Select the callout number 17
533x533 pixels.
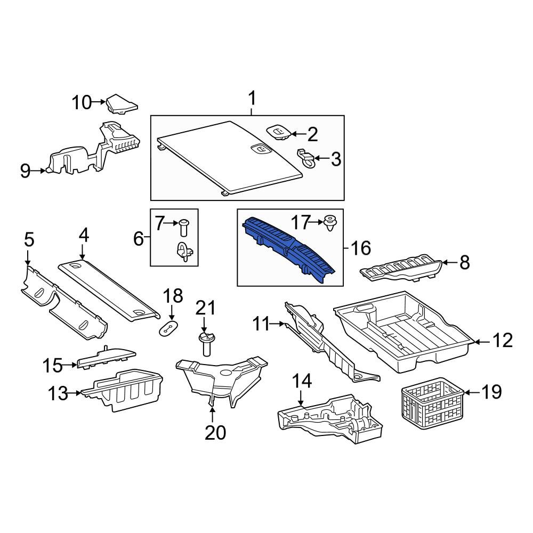(x=301, y=222)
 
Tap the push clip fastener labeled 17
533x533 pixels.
(x=329, y=223)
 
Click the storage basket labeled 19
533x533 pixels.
(x=432, y=399)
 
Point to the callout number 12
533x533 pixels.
(x=502, y=340)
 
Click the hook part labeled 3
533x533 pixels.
(x=306, y=159)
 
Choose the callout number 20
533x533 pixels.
(x=215, y=433)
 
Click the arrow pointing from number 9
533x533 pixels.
(x=38, y=171)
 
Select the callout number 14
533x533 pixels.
(x=302, y=381)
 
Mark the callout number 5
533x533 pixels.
(x=29, y=240)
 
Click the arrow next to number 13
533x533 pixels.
(x=74, y=393)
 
